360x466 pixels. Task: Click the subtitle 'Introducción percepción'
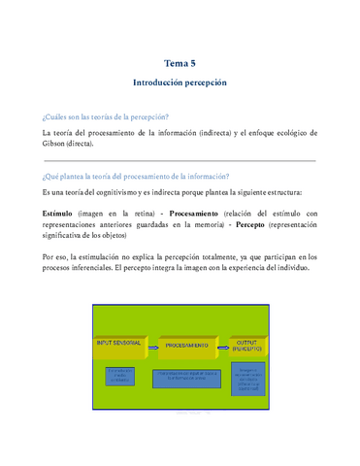click(180, 83)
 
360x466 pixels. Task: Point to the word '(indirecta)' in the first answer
click(222, 131)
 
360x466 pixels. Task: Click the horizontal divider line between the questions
click(180, 160)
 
